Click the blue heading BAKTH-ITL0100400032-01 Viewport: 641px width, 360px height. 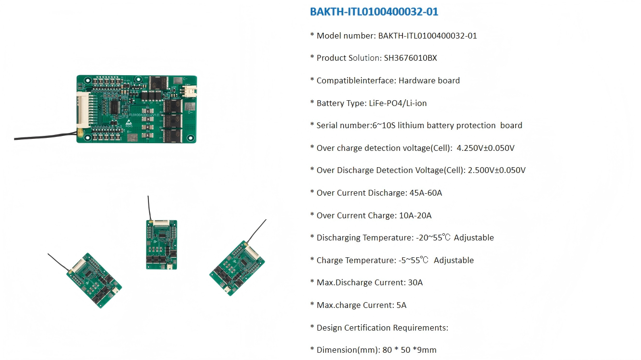374,12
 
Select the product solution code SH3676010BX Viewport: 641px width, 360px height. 410,58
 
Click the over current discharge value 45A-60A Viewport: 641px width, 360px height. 426,193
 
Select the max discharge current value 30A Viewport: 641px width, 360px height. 415,283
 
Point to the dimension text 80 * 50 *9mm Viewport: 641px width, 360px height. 409,350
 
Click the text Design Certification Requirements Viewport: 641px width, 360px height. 382,328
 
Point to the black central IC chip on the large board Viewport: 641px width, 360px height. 116,106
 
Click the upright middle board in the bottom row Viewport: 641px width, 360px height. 161,244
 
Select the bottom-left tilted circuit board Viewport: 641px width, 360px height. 93,280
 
